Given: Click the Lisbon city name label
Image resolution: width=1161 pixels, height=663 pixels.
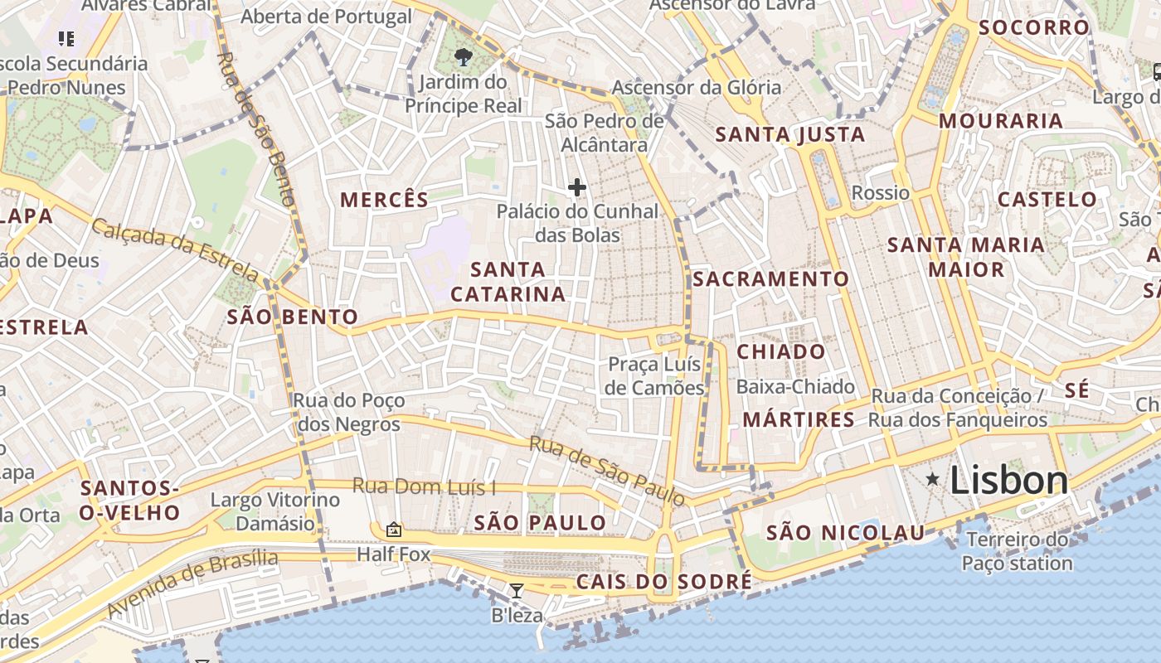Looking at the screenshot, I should [x=1008, y=481].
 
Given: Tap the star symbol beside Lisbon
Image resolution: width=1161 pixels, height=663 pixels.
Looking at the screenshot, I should [x=933, y=479].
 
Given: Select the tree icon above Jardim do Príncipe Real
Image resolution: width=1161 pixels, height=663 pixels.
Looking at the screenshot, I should [x=464, y=57].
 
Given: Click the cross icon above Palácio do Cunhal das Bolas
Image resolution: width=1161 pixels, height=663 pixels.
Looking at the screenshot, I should [x=577, y=187].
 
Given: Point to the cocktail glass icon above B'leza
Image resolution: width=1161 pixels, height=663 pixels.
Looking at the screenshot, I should [x=517, y=590].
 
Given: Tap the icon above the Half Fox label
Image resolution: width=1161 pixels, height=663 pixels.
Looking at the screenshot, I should [x=394, y=529].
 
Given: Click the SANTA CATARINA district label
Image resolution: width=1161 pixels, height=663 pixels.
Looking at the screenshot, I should [x=508, y=282].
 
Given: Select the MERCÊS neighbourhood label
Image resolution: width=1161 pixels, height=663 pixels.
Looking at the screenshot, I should [x=385, y=200].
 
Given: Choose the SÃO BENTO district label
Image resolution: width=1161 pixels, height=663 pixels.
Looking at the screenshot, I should [x=293, y=317].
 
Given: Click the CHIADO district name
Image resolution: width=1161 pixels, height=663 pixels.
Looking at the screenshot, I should [x=781, y=351].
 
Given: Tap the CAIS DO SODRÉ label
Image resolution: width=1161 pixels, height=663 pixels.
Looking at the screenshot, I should [x=664, y=582].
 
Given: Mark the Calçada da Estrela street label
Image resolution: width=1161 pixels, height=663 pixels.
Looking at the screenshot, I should [x=175, y=249].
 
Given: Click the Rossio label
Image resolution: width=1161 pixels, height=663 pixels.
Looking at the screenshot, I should [x=881, y=193].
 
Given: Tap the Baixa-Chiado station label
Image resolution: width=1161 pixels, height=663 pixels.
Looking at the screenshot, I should [x=795, y=387].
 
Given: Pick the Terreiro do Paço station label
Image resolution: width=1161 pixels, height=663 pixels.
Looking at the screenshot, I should [x=1017, y=552].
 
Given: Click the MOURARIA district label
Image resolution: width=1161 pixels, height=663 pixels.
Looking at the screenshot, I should [x=1000, y=121].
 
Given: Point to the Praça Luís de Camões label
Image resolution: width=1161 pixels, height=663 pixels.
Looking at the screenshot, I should [x=654, y=376].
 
